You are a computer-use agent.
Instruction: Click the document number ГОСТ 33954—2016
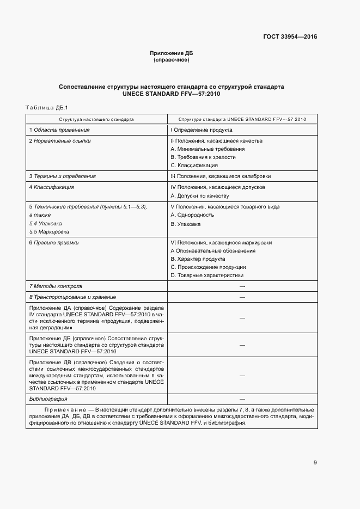click(x=290, y=37)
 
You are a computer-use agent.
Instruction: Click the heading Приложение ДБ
click(x=172, y=53)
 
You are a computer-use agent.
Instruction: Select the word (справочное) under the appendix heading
click(x=172, y=60)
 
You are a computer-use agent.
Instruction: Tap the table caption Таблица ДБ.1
click(x=45, y=107)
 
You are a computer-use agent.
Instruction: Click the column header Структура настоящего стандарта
click(x=96, y=119)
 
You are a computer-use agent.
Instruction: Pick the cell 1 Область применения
click(x=59, y=130)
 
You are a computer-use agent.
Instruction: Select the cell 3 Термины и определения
click(x=62, y=176)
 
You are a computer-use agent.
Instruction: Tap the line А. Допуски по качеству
click(x=200, y=195)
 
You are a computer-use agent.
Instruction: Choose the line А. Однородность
click(x=192, y=215)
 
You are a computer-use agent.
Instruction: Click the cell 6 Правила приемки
click(x=54, y=243)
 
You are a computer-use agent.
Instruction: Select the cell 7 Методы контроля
click(x=56, y=286)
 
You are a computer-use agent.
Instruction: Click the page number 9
click(x=315, y=463)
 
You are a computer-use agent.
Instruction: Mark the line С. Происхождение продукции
click(x=208, y=267)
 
